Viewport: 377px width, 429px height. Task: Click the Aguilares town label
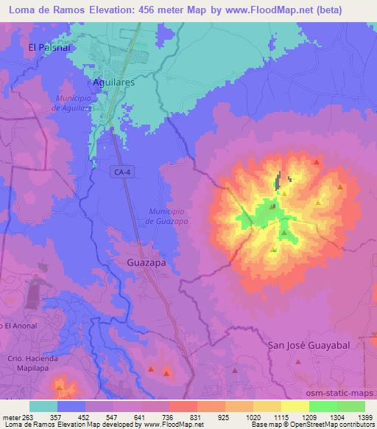tap(113, 83)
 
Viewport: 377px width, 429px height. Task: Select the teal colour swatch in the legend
tap(43, 406)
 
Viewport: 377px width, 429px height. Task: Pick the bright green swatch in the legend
tap(323, 406)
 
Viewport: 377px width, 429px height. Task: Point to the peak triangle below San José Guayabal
tap(297, 362)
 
